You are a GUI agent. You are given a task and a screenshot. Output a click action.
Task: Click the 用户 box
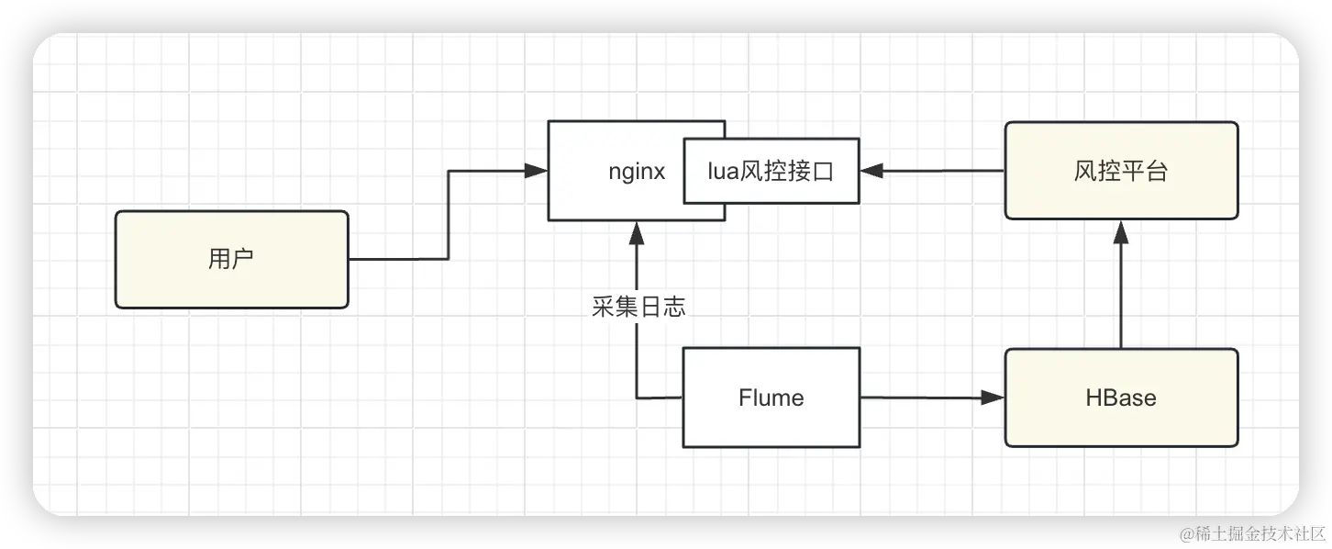tap(231, 260)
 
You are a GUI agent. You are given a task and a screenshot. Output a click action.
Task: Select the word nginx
tap(637, 172)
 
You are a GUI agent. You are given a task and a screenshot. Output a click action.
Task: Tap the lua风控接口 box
tap(771, 171)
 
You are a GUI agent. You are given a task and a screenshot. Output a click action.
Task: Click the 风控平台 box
tap(1121, 171)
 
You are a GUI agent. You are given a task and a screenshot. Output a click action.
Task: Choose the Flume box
tap(771, 398)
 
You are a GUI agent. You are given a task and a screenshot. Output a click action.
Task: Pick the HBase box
tap(1121, 398)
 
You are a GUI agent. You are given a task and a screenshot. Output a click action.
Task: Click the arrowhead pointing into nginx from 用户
tap(537, 171)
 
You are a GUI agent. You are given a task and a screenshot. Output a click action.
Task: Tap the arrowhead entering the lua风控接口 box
tap(871, 171)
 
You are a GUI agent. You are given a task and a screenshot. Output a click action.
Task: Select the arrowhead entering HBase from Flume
tap(993, 398)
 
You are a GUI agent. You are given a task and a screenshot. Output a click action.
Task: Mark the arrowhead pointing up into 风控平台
tap(1120, 232)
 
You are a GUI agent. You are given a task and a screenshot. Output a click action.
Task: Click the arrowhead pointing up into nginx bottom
tap(638, 233)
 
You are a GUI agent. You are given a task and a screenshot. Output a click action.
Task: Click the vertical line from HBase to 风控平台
tap(1120, 294)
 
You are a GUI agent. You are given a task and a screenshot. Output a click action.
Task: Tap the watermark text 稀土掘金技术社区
tap(1251, 532)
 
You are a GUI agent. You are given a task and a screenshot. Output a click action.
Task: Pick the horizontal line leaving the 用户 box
tap(398, 259)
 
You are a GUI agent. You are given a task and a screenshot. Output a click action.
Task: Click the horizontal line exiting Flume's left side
tap(660, 398)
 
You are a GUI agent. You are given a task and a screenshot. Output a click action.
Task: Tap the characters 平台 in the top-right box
tap(1144, 171)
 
